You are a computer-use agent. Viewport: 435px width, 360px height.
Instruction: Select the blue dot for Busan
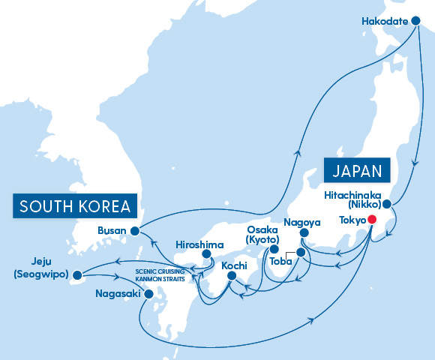[x=134, y=231]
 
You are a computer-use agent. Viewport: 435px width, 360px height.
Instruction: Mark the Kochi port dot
[x=231, y=276]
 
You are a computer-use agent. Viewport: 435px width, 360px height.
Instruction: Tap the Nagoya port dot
[x=304, y=233]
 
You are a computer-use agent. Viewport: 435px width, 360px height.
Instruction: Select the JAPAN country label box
[x=358, y=169]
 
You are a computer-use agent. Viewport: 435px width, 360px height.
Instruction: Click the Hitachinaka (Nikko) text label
[x=353, y=199]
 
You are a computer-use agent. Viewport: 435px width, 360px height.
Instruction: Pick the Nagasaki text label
[x=118, y=294]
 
